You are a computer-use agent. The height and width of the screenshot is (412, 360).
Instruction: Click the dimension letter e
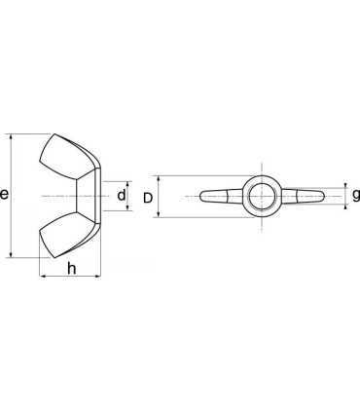click(4, 194)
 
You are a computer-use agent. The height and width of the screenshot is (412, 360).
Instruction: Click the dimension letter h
click(71, 269)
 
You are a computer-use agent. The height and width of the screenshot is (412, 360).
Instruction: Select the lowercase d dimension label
click(122, 195)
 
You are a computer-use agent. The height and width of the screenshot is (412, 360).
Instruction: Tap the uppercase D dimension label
click(148, 198)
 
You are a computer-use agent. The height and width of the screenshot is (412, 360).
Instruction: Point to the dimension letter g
click(356, 196)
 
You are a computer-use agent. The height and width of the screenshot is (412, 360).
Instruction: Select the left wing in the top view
click(221, 197)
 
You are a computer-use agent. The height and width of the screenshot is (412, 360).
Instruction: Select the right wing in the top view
click(303, 197)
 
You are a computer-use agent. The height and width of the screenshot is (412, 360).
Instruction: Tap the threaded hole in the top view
click(262, 197)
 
